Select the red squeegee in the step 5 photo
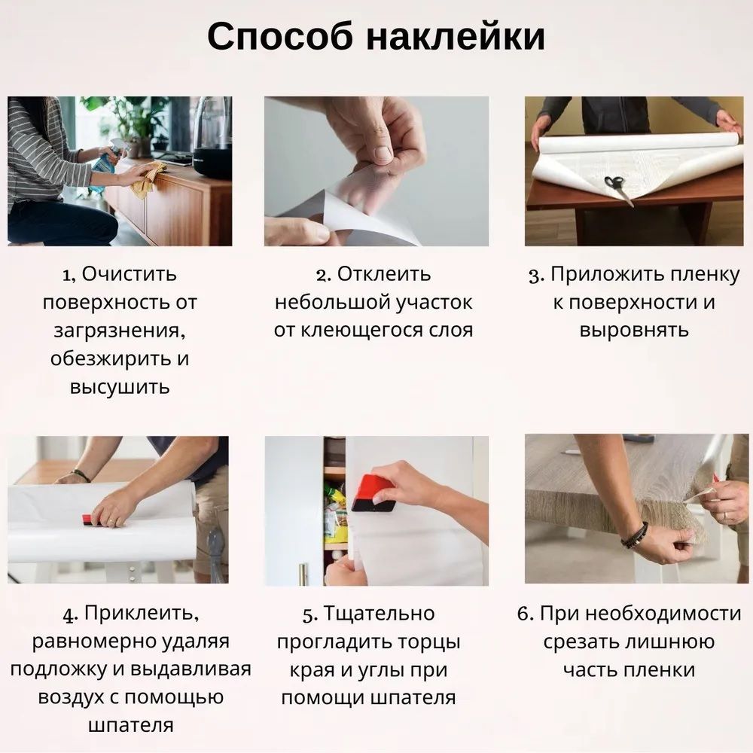point(373,493)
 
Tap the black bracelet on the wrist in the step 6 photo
point(634,535)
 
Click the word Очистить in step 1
point(129,274)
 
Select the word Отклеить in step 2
point(384,274)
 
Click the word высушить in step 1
point(120,387)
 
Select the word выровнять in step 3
point(634,331)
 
